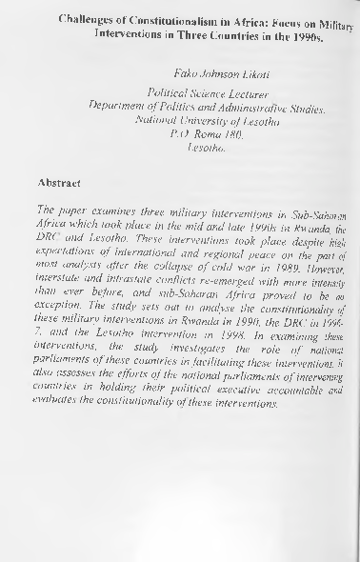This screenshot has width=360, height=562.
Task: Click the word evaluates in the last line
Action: click(x=59, y=433)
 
